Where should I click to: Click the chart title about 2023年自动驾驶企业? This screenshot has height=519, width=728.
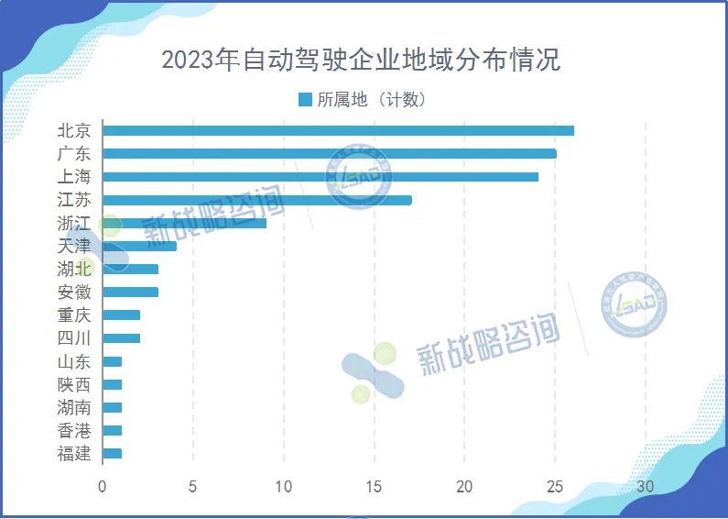pos(361,60)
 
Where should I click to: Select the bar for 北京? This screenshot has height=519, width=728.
pos(338,130)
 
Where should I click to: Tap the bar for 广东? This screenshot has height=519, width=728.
pos(329,153)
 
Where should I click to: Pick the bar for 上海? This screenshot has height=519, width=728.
pos(320,176)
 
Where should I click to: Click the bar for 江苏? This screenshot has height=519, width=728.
pos(256,200)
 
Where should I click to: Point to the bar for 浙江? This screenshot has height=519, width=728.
pos(184,223)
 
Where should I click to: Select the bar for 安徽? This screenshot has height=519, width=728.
pos(130,293)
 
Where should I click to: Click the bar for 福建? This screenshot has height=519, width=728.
pos(112,453)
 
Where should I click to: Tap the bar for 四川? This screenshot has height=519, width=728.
pos(121,338)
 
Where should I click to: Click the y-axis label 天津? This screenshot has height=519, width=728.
pos(74,246)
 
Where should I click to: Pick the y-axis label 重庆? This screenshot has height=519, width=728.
pos(74,315)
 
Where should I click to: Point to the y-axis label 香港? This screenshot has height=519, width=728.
pos(74,430)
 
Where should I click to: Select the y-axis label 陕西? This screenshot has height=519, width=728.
pos(74,384)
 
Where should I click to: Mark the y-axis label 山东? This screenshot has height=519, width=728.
pos(74,361)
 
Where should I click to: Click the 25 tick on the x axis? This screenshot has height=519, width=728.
pos(554,486)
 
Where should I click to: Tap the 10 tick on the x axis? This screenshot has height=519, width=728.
pos(283,486)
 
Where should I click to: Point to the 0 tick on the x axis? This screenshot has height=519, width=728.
pos(103,486)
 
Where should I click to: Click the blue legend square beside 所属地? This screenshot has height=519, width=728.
pos(305,99)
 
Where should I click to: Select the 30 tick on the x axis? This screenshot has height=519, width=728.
pos(645,486)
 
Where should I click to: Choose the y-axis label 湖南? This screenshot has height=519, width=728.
pos(74,407)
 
